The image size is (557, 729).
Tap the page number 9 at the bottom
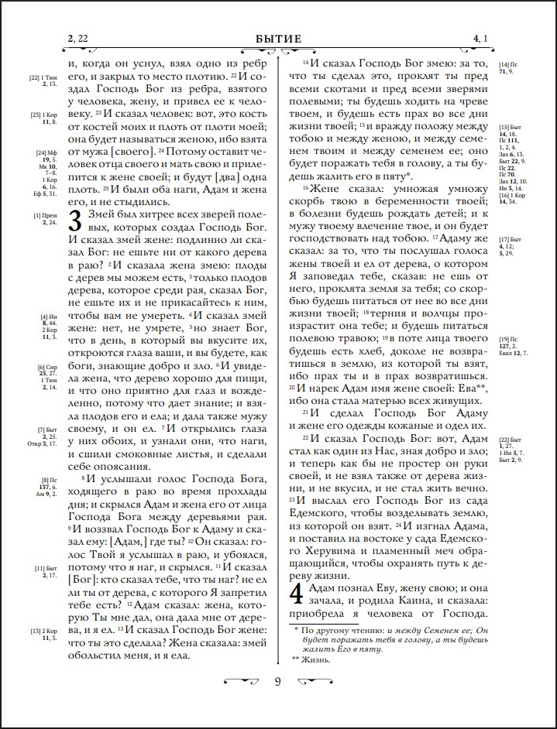[x=278, y=681]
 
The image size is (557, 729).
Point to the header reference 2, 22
[x=77, y=39]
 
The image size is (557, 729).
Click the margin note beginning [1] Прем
[x=45, y=219]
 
